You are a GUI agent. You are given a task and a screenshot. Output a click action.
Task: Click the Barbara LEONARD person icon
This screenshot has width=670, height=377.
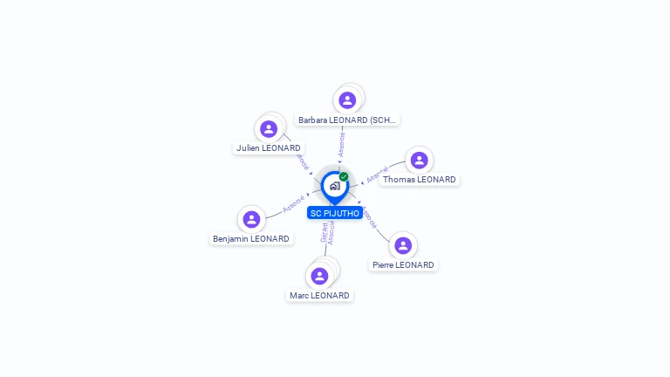pyautogui.click(x=347, y=100)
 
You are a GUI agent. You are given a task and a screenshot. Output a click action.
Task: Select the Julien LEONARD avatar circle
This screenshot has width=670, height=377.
pyautogui.click(x=269, y=129)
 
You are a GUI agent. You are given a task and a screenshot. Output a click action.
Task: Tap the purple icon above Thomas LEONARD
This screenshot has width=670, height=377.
pyautogui.click(x=419, y=161)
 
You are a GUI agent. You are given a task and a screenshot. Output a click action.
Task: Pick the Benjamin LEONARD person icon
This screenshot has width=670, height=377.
pyautogui.click(x=251, y=219)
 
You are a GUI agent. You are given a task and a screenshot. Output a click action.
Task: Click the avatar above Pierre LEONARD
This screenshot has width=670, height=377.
pyautogui.click(x=402, y=246)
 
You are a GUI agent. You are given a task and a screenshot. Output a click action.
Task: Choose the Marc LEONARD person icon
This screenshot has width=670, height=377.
pyautogui.click(x=320, y=276)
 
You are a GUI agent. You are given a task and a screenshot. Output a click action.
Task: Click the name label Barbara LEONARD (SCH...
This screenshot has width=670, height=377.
pyautogui.click(x=347, y=120)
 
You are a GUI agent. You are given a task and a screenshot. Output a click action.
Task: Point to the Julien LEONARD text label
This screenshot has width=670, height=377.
pyautogui.click(x=269, y=148)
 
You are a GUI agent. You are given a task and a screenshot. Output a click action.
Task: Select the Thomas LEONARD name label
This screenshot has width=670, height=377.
pyautogui.click(x=419, y=180)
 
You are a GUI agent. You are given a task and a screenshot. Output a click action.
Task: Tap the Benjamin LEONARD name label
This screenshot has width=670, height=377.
pyautogui.click(x=251, y=238)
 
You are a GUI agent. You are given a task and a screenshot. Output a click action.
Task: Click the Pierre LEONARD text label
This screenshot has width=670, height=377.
pyautogui.click(x=402, y=265)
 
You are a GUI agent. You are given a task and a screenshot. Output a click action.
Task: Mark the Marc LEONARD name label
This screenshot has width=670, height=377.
pyautogui.click(x=319, y=296)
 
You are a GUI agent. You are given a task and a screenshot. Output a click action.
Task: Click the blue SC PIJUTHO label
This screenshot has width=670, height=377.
pyautogui.click(x=335, y=214)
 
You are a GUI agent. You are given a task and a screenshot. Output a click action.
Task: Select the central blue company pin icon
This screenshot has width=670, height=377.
pyautogui.click(x=334, y=186)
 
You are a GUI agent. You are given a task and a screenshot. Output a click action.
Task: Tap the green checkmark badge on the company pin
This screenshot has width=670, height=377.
pyautogui.click(x=344, y=176)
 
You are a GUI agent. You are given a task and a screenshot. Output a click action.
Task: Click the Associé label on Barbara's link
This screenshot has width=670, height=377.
pyautogui.click(x=342, y=144)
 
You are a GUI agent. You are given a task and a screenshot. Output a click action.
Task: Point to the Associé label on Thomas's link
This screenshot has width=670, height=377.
pyautogui.click(x=377, y=176)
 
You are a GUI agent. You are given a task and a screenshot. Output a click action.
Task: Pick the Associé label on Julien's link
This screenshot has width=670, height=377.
pyautogui.click(x=301, y=162)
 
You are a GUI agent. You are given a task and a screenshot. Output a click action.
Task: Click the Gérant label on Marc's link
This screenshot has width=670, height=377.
pyautogui.click(x=324, y=232)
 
